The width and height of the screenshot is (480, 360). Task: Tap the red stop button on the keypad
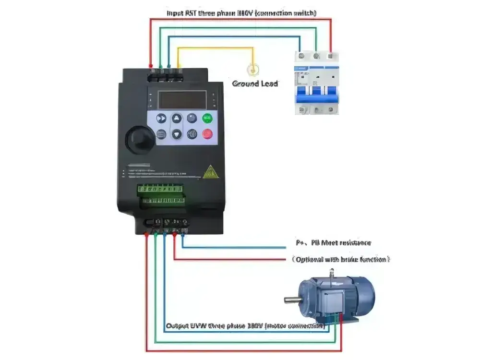(207, 134)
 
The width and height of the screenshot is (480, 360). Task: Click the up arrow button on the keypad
(177, 119)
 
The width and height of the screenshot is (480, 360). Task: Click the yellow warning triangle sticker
(209, 172)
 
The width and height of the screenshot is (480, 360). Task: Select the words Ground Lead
(255, 84)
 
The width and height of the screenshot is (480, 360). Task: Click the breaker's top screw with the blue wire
(301, 56)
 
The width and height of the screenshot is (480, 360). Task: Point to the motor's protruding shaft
(292, 300)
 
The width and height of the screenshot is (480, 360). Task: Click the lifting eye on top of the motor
(331, 276)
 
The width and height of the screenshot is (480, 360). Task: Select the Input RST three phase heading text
(241, 12)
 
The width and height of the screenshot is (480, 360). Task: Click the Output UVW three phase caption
(245, 326)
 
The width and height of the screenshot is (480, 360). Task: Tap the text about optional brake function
(340, 259)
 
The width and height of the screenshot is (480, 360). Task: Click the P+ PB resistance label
(333, 243)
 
